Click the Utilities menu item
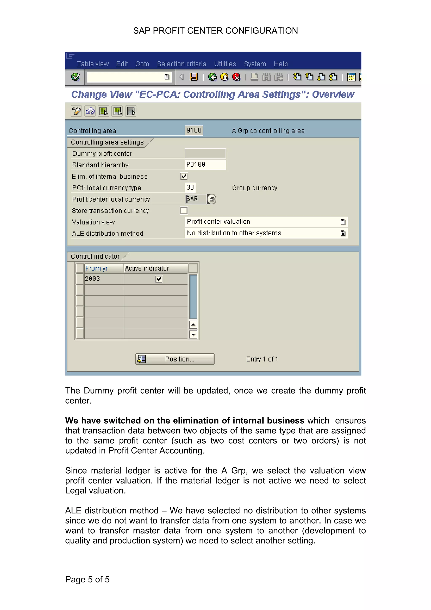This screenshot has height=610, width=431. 225,64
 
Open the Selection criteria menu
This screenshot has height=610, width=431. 181,64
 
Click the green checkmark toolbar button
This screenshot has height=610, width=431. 75,77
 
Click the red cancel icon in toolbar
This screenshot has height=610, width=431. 236,77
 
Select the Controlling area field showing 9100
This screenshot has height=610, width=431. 194,131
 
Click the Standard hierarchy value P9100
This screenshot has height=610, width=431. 205,165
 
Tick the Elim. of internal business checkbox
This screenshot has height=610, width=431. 184,176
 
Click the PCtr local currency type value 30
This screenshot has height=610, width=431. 190,188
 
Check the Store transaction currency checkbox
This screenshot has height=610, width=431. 184,210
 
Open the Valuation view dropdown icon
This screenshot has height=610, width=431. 343,222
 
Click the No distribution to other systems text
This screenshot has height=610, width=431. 234,233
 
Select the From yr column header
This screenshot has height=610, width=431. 104,268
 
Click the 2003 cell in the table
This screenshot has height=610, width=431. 104,279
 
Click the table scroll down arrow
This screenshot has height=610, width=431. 193,334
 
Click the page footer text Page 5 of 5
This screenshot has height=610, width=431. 87,579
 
